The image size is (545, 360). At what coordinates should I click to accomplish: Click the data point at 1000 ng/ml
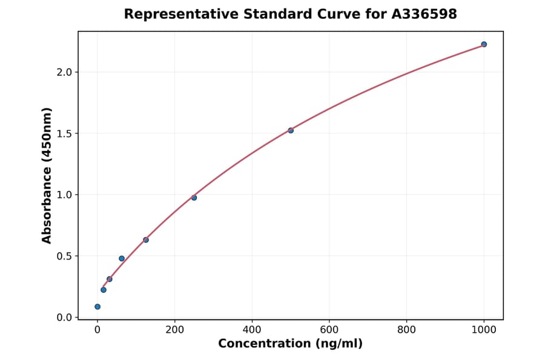point(484,44)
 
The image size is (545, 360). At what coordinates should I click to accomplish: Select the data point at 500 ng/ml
point(291,130)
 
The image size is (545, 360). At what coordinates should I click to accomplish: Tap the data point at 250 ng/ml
point(194,198)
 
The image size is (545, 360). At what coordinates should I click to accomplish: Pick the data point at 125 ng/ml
point(146,240)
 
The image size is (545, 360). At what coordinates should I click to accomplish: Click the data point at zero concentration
point(97,307)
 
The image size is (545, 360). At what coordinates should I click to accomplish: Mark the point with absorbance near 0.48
point(122,258)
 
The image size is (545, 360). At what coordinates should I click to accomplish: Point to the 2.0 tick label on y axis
point(64,72)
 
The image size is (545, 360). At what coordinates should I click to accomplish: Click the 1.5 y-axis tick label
point(64,133)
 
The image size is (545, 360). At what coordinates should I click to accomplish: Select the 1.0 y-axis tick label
point(64,195)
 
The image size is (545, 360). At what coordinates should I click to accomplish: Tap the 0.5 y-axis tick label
point(64,256)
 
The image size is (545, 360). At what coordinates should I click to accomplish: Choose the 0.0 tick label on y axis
point(64,318)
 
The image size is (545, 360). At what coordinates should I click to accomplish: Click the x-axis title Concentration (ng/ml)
point(290,344)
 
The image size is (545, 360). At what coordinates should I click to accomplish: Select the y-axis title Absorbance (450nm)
point(47,175)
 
